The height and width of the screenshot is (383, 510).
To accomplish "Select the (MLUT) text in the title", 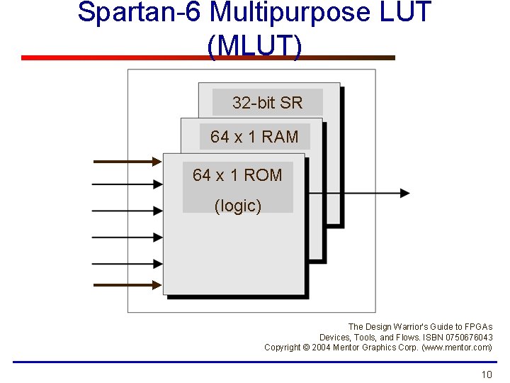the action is tap(254, 45).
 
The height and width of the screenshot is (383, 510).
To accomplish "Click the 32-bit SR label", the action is tap(267, 103).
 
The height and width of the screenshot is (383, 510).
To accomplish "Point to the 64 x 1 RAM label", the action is tap(254, 137).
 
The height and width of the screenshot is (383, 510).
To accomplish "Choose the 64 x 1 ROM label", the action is tap(237, 175).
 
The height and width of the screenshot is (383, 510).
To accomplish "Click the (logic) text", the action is tap(238, 206).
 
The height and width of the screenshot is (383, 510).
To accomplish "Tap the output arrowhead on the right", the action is tap(404, 192).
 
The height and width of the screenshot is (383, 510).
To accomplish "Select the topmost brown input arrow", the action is tap(127, 162).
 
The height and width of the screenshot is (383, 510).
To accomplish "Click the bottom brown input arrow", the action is tap(127, 285).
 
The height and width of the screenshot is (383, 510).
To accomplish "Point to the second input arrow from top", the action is tap(127, 186).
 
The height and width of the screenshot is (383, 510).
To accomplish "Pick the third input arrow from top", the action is tap(127, 211).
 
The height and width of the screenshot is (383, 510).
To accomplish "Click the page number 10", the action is tap(486, 374).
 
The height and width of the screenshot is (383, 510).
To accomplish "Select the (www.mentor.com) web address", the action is tap(457, 347).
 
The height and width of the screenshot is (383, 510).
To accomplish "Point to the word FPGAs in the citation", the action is tap(480, 327).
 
